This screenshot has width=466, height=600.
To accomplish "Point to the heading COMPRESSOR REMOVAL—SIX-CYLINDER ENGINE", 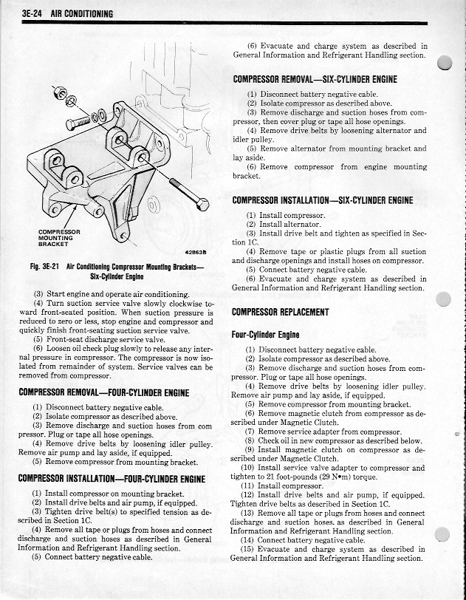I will coord(315,79).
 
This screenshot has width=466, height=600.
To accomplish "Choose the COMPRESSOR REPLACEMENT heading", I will coord(281,312).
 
